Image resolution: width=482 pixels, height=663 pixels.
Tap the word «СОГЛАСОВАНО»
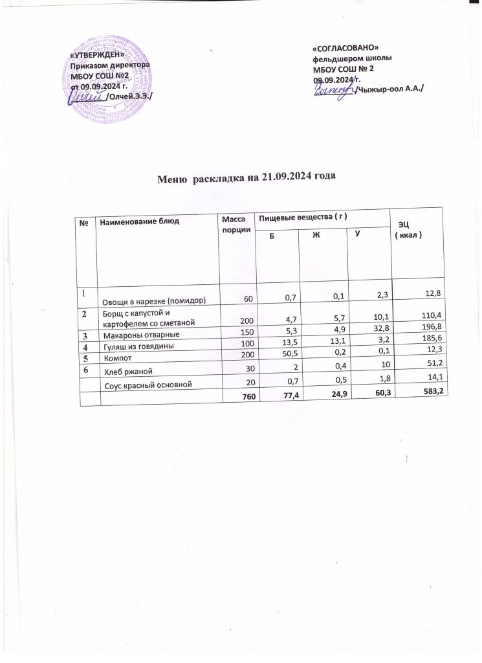[345, 50]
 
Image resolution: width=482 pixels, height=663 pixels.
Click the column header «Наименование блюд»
[138, 222]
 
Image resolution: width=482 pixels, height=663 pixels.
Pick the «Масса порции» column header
[234, 227]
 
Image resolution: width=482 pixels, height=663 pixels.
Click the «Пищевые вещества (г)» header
[303, 216]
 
